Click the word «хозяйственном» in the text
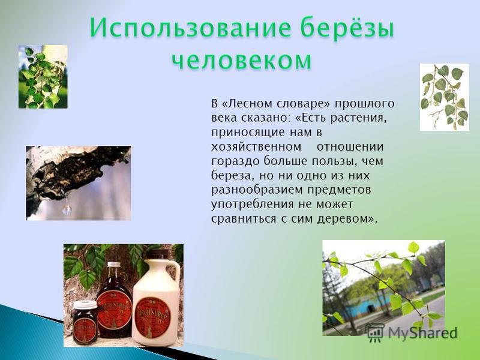pyautogui.click(x=256, y=147)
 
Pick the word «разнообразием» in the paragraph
pyautogui.click(x=257, y=190)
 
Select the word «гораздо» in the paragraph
pyautogui.click(x=235, y=161)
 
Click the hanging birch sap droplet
pyautogui.click(x=67, y=209)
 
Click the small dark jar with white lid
pyautogui.click(x=85, y=322)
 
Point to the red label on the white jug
pyautogui.click(x=152, y=317)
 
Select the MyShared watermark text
pyautogui.click(x=423, y=332)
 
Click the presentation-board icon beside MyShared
pyautogui.click(x=376, y=333)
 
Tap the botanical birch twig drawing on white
pyautogui.click(x=444, y=97)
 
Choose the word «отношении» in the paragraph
pyautogui.click(x=350, y=147)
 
